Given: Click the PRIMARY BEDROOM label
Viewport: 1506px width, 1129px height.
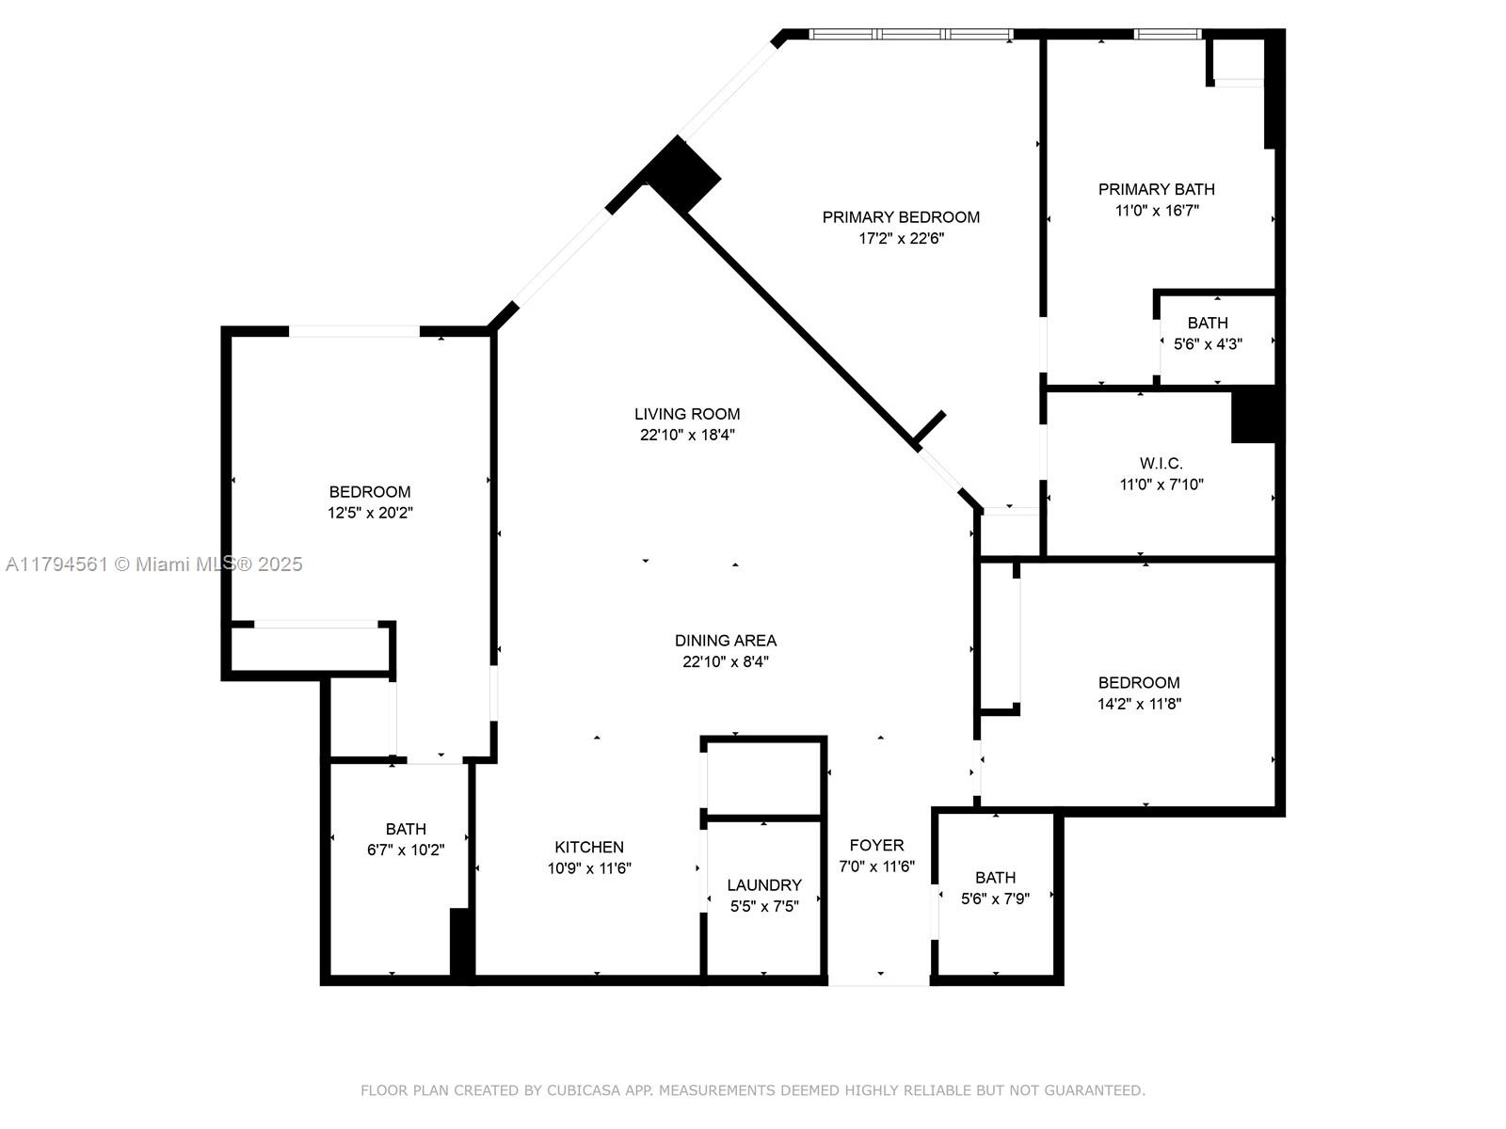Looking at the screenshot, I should click(x=901, y=217).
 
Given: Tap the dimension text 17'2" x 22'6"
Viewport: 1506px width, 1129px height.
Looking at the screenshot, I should click(x=901, y=239).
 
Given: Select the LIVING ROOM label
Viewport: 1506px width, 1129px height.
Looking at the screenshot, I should click(x=687, y=414).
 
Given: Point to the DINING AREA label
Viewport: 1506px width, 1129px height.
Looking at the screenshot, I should click(x=726, y=641).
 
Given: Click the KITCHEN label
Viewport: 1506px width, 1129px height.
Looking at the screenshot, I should click(x=589, y=848).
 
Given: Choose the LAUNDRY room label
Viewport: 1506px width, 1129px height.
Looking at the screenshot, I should click(x=764, y=885).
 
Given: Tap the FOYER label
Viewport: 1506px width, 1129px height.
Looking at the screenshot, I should click(x=876, y=846).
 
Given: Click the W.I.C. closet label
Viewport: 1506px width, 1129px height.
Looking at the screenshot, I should click(x=1161, y=464).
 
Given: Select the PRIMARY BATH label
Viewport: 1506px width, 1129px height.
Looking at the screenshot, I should click(x=1157, y=189).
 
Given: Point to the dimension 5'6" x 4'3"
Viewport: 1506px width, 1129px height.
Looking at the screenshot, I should click(x=1208, y=344).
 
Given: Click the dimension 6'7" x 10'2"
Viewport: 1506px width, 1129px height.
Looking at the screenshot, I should click(x=406, y=851).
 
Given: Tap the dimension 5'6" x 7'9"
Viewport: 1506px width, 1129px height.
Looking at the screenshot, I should click(x=995, y=899).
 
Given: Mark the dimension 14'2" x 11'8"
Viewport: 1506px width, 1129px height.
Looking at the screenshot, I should click(x=1139, y=704).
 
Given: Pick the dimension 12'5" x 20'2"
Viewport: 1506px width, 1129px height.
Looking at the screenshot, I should click(x=370, y=514).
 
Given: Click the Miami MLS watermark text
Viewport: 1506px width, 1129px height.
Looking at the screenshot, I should click(x=153, y=564).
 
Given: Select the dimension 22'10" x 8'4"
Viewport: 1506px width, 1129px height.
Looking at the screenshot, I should click(x=726, y=662).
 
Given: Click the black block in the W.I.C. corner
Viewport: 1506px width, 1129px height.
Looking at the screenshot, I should click(x=1254, y=416).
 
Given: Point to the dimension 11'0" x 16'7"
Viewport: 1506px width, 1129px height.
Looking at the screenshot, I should click(x=1157, y=211).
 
